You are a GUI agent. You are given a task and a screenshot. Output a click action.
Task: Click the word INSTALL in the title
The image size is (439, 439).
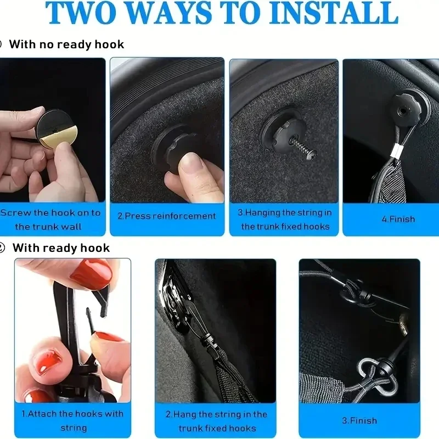point(334,13)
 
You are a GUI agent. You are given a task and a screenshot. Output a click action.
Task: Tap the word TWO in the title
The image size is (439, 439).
point(81,13)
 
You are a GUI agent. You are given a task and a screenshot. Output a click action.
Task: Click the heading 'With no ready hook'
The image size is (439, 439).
point(66,44)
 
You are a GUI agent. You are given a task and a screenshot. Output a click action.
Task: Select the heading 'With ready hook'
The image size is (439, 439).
point(61,248)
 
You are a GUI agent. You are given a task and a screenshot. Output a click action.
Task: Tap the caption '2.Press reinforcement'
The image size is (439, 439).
point(167,216)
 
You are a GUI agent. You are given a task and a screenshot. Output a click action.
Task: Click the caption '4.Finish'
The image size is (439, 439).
point(398,219)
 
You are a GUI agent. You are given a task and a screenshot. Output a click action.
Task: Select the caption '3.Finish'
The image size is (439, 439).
point(359,420)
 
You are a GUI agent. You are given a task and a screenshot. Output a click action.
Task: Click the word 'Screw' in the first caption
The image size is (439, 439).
point(16,213)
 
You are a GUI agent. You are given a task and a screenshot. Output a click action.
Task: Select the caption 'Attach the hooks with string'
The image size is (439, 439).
point(73,420)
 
